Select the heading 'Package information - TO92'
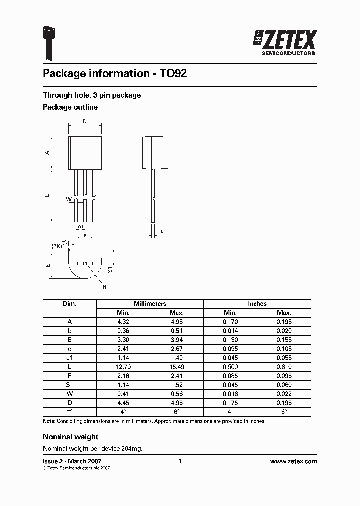[115, 74]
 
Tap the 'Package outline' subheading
[70, 107]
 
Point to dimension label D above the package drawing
[84, 122]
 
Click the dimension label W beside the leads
[69, 200]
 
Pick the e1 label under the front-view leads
[81, 227]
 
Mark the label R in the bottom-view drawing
[105, 287]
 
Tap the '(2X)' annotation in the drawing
[57, 246]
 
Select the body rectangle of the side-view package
[153, 152]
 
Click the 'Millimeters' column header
[150, 304]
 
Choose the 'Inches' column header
[257, 304]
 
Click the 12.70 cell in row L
[123, 367]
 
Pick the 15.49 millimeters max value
[176, 367]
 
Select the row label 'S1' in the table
[69, 385]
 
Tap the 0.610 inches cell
[284, 367]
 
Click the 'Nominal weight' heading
[70, 437]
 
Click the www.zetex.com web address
[293, 462]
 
